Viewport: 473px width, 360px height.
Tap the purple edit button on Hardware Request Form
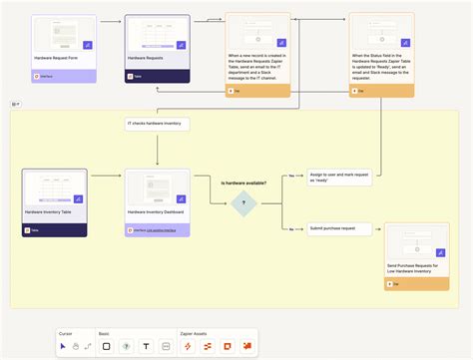click(x=87, y=46)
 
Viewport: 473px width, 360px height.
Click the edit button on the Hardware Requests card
click(x=181, y=46)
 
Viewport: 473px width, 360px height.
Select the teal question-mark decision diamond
click(x=242, y=202)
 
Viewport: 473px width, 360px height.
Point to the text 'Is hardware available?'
click(x=243, y=182)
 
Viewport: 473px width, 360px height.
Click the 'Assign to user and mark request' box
click(x=339, y=176)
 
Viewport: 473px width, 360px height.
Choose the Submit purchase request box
click(x=331, y=228)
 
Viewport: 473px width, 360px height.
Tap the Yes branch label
click(x=291, y=177)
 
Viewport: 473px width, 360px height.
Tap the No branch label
click(x=290, y=228)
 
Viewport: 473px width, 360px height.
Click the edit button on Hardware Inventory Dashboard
click(x=181, y=199)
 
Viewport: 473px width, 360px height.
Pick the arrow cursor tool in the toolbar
click(x=63, y=346)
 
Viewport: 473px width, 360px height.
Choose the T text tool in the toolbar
click(x=146, y=346)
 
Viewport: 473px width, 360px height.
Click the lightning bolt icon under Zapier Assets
click(x=187, y=346)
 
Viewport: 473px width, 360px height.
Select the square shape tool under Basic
click(x=106, y=346)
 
